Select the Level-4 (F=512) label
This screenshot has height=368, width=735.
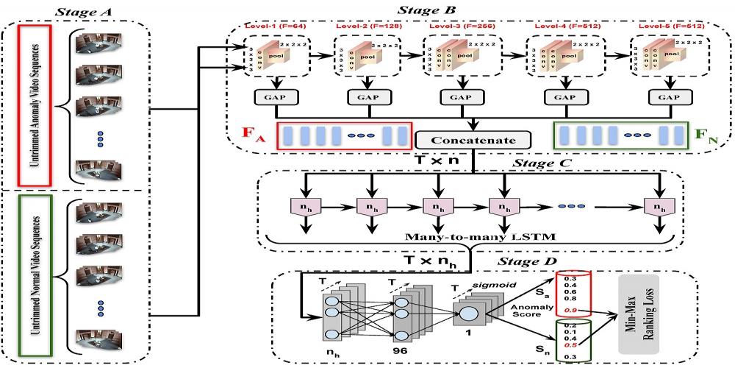tap(561, 27)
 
